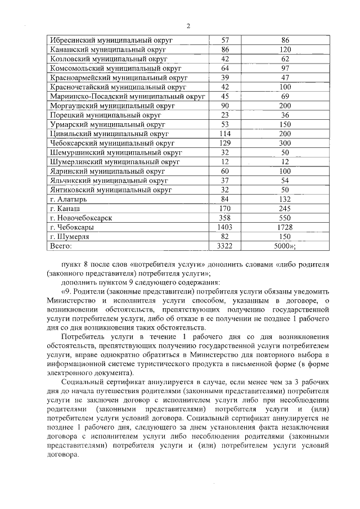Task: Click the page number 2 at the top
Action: pyautogui.click(x=188, y=26)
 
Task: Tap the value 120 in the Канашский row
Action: pyautogui.click(x=285, y=49)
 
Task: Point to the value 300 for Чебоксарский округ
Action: pyautogui.click(x=285, y=143)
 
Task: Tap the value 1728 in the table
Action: pyautogui.click(x=285, y=227)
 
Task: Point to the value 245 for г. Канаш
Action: pyautogui.click(x=285, y=208)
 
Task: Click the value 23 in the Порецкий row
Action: pyautogui.click(x=224, y=115)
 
